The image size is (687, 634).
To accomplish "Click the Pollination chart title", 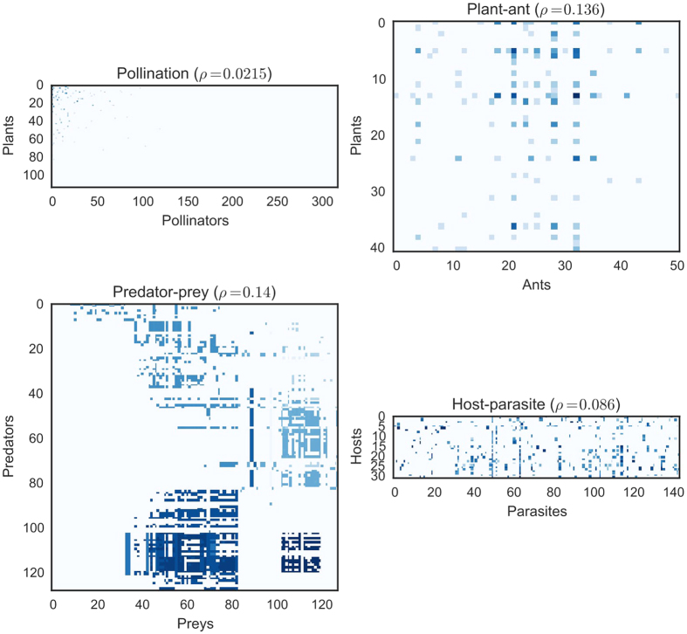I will click(194, 75).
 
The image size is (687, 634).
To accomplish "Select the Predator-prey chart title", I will click(194, 293).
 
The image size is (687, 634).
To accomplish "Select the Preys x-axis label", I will click(194, 624).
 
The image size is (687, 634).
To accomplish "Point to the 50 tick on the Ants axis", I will click(677, 265).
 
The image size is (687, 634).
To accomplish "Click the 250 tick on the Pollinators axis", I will click(276, 201).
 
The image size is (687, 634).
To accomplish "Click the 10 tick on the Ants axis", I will click(452, 265).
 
